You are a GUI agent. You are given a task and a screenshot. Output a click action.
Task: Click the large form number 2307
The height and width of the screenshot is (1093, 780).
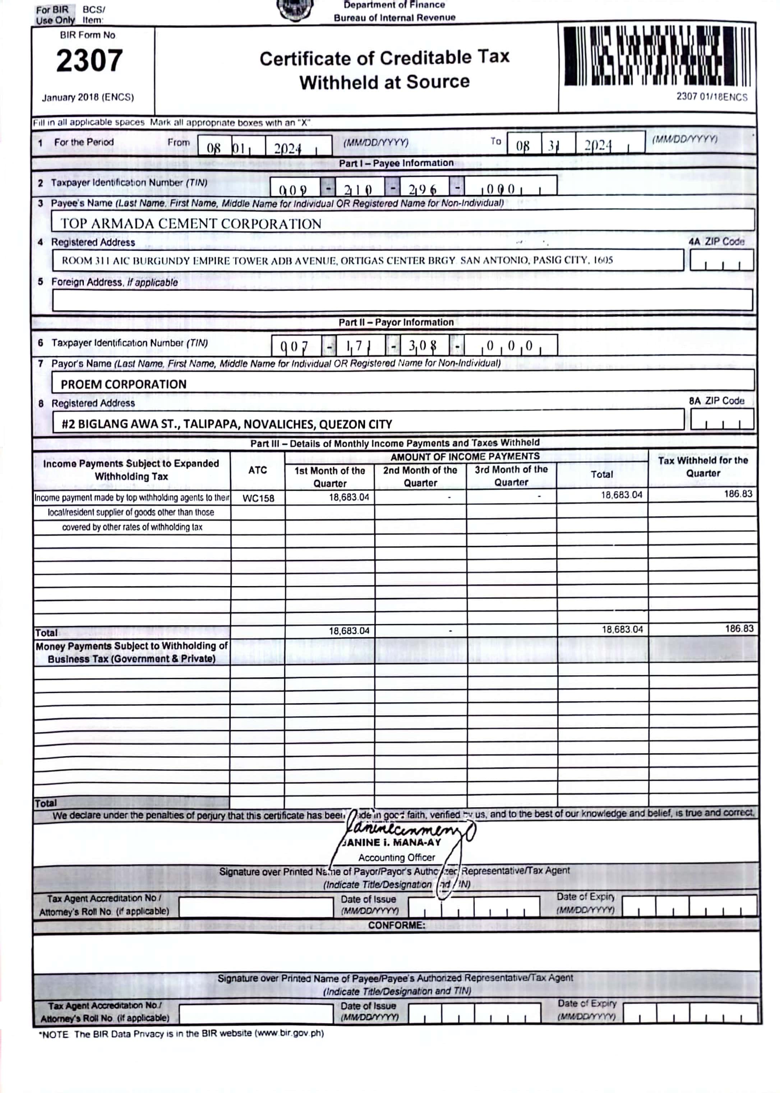click(89, 61)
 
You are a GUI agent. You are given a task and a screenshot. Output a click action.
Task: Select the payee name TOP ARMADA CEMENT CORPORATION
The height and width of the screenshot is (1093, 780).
click(191, 223)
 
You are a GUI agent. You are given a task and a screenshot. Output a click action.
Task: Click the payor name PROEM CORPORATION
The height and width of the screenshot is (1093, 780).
click(124, 384)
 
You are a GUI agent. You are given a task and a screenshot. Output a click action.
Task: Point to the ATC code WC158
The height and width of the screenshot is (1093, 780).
click(258, 498)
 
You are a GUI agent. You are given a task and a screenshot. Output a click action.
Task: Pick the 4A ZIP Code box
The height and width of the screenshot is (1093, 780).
click(721, 260)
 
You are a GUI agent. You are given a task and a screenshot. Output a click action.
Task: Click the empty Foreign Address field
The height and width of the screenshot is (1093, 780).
click(402, 300)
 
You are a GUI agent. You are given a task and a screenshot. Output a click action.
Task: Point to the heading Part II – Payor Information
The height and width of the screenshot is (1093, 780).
click(396, 322)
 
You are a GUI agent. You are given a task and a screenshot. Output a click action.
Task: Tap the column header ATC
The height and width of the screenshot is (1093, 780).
click(258, 470)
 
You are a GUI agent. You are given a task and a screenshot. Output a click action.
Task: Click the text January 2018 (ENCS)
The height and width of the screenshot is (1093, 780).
click(88, 97)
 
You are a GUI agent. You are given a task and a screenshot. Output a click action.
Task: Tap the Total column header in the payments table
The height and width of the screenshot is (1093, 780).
click(602, 474)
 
